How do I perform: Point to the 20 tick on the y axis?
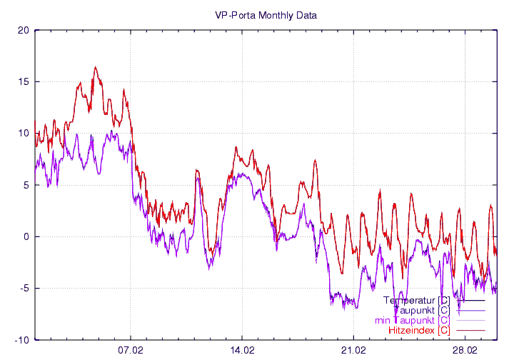[24, 30]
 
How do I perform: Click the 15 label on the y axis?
[24, 81]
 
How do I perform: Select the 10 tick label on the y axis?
[24, 134]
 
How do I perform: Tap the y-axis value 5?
[26, 185]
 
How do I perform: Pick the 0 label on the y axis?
[26, 236]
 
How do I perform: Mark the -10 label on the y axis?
[22, 340]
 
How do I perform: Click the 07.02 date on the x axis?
[131, 351]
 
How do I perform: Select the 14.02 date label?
[242, 351]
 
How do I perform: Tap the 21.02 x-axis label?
[353, 351]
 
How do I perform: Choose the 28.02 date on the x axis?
[465, 351]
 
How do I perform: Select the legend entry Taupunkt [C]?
[421, 310]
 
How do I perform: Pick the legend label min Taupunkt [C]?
[412, 320]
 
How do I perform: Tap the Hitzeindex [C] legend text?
[419, 330]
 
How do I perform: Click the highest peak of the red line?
[95, 68]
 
